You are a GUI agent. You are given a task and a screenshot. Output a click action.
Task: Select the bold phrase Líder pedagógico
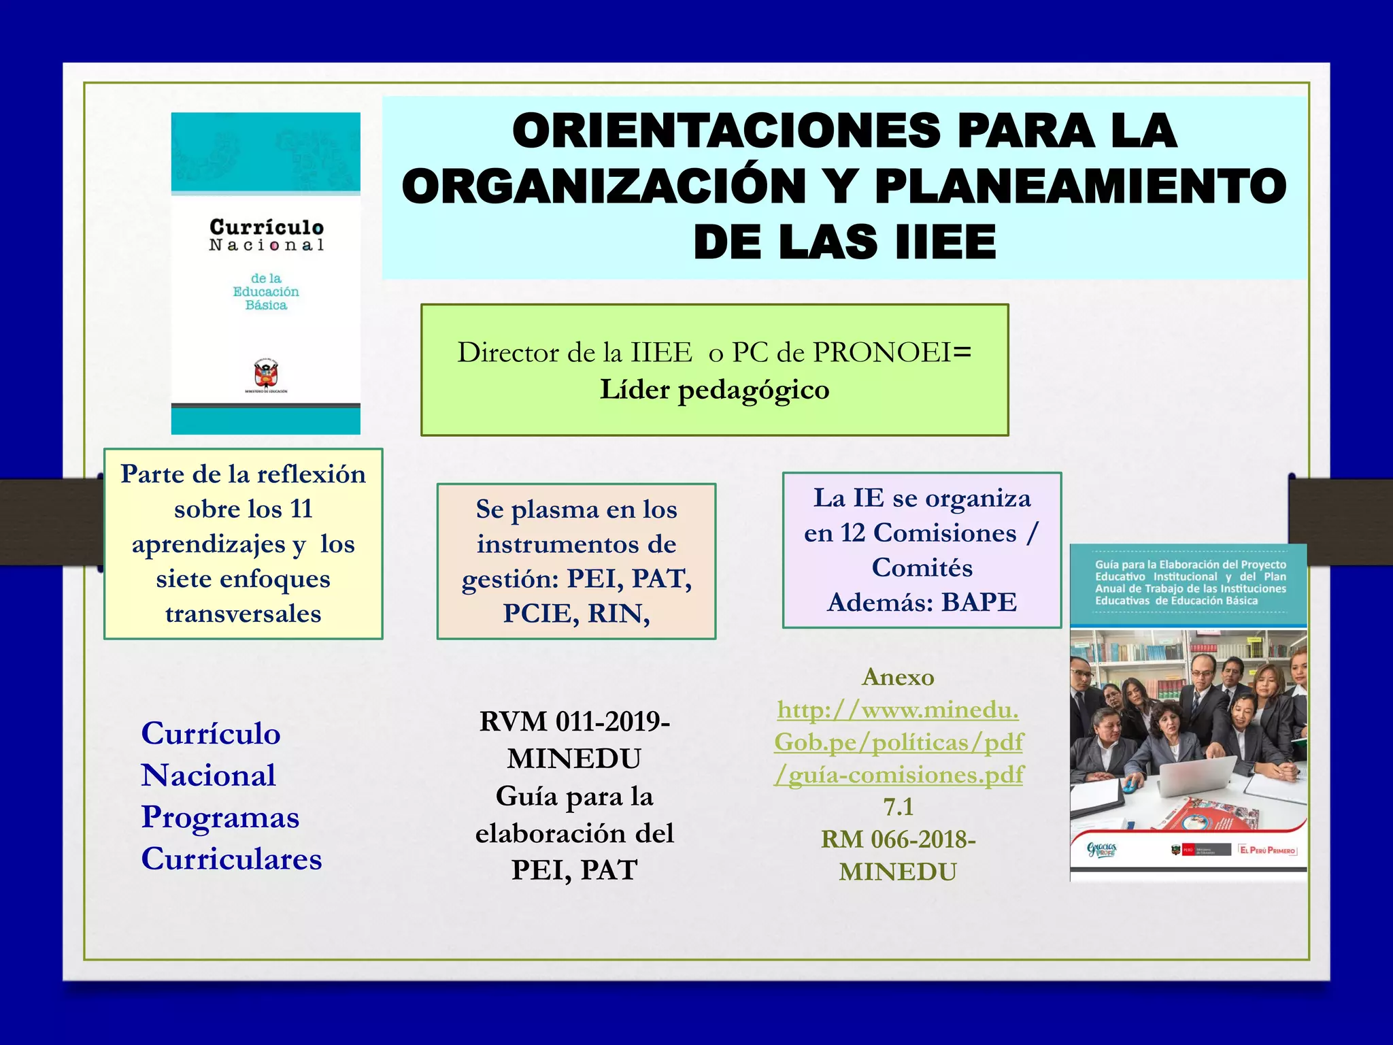(x=714, y=390)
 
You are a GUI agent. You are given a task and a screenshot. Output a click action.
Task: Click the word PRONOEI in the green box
(x=882, y=352)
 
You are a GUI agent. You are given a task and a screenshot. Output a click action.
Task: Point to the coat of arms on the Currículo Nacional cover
(x=266, y=374)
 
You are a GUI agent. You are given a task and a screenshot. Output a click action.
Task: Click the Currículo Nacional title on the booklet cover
(x=266, y=235)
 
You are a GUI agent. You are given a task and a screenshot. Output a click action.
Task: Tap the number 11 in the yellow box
(x=301, y=509)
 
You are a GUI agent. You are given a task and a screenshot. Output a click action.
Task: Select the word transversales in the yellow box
(x=243, y=614)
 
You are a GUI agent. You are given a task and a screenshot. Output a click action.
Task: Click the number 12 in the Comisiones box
(x=852, y=533)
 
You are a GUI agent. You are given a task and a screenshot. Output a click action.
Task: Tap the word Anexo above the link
(x=898, y=677)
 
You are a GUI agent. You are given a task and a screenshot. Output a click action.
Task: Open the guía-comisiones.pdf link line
(x=898, y=775)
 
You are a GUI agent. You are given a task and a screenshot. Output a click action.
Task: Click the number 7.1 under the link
(x=898, y=807)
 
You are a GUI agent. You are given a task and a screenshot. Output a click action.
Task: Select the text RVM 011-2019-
(x=575, y=722)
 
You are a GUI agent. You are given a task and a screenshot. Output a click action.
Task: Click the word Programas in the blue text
(x=220, y=817)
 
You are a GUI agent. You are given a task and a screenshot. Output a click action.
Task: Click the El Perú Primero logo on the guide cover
(x=1267, y=850)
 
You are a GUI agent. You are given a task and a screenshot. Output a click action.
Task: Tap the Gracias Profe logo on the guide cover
(x=1101, y=850)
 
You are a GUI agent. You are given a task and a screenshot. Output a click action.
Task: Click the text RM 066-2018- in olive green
(x=898, y=840)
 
